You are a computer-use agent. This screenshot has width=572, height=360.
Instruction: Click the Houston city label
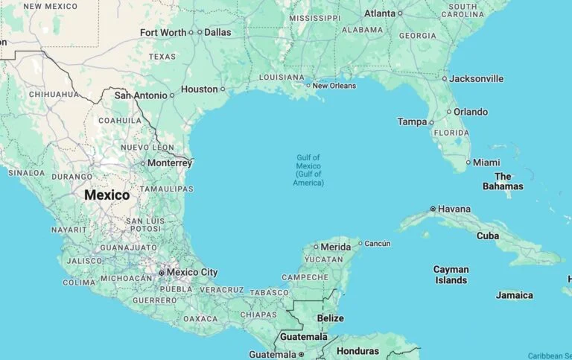pos(200,89)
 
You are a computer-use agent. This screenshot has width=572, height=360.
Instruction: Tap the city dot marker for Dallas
pos(200,32)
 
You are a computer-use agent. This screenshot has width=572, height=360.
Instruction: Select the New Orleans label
pos(334,86)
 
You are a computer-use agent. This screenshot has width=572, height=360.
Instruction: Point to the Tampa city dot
pos(431,122)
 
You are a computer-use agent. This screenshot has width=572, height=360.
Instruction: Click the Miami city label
pos(486,162)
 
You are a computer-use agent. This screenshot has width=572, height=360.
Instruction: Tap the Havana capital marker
pos(433,209)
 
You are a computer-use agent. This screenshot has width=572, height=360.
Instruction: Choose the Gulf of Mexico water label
pos(308,170)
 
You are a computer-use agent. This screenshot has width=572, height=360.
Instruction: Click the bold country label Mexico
pos(107,195)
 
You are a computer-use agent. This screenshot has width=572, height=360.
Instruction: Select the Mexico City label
pos(191,273)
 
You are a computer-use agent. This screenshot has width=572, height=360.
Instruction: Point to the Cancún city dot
pos(360,243)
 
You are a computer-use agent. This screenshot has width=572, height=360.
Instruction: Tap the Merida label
pos(335,247)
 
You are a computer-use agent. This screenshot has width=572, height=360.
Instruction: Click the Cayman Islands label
pos(451,275)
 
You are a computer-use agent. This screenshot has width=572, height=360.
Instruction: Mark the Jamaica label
pos(515,295)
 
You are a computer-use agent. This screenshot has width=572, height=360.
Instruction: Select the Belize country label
pos(331,318)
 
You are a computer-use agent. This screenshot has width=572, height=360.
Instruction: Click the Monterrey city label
pos(170,163)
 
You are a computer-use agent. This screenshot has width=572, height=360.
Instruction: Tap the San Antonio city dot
pos(172,95)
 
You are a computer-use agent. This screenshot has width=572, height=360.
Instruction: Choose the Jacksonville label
pos(477,79)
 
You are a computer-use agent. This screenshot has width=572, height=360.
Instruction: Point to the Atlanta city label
pos(380,13)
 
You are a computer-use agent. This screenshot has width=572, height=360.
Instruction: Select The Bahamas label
pos(503,181)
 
